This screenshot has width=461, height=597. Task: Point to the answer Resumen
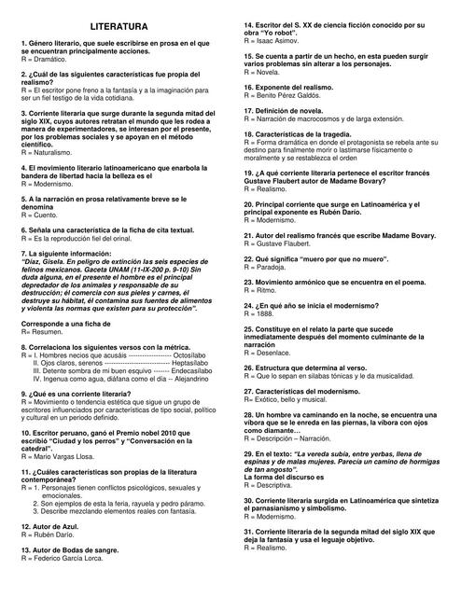coord(42,332)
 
